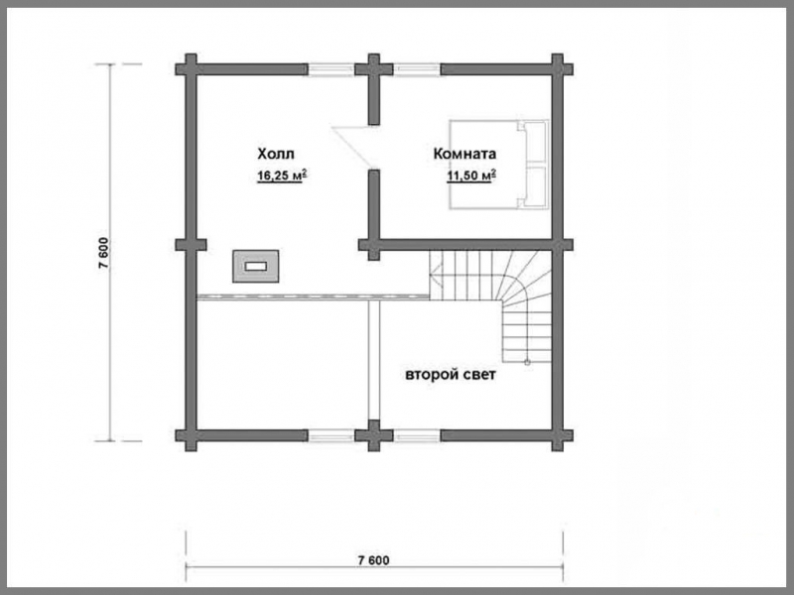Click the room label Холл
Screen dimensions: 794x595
276,154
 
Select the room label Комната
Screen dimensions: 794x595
464,154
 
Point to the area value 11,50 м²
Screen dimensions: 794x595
470,176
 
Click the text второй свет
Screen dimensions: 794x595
451,375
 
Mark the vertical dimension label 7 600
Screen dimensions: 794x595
103,253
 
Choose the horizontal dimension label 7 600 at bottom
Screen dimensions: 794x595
374,560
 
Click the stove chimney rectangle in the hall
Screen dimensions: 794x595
256,266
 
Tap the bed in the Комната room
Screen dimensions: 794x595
499,164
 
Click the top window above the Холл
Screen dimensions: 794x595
331,69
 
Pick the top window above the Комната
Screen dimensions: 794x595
417,69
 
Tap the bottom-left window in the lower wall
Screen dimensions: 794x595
331,435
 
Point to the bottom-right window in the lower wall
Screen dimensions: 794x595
417,435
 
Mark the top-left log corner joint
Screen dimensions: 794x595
191,69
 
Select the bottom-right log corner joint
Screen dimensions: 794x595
558,435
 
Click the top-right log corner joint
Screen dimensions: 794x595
558,69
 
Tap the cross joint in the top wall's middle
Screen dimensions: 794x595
374,69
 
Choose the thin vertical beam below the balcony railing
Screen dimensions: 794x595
374,360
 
